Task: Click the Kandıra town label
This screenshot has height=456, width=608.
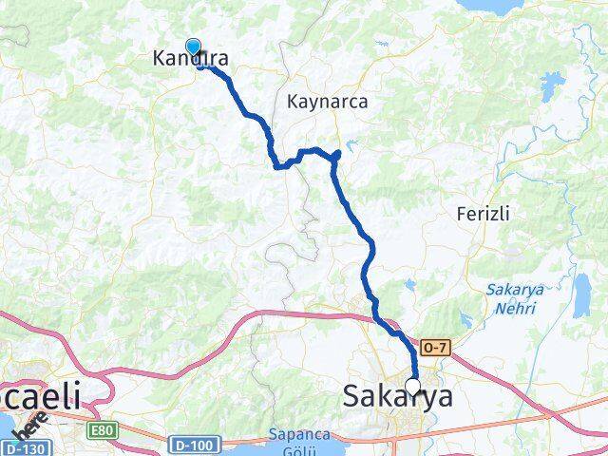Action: [x=190, y=59]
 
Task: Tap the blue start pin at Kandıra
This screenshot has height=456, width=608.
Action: [x=193, y=47]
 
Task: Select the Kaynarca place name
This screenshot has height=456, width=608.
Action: [x=327, y=100]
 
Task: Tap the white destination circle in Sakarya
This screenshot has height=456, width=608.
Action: [x=413, y=386]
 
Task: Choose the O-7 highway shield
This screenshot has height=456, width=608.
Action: [x=432, y=350]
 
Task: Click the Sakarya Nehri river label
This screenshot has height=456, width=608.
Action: [x=511, y=298]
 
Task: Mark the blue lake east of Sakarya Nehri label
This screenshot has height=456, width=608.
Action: [x=580, y=300]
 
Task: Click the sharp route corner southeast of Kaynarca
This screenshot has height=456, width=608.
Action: [x=336, y=154]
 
